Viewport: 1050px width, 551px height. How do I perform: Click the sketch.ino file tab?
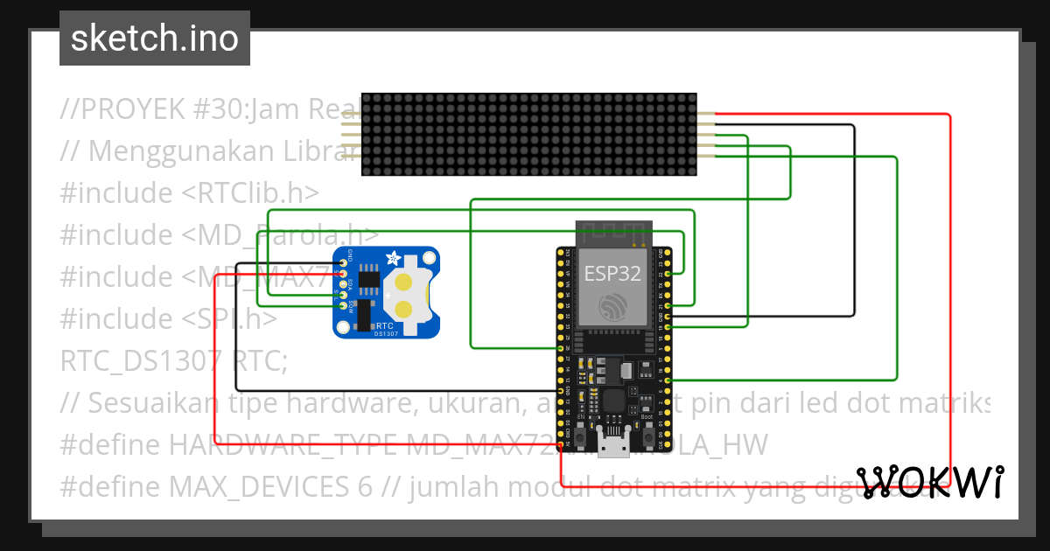tap(155, 38)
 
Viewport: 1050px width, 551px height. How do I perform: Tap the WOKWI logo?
tap(929, 482)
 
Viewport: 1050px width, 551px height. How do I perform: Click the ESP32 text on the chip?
tap(613, 272)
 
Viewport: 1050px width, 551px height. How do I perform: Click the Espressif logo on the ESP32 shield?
tap(613, 307)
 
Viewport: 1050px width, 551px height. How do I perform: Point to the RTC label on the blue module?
tap(383, 324)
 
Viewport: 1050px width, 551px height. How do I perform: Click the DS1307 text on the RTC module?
tap(387, 333)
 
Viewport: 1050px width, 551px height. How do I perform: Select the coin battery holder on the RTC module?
tap(405, 295)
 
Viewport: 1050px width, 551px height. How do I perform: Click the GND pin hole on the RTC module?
tap(343, 262)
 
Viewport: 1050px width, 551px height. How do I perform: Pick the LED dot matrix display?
tap(528, 134)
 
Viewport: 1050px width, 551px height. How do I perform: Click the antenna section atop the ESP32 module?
tap(613, 234)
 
